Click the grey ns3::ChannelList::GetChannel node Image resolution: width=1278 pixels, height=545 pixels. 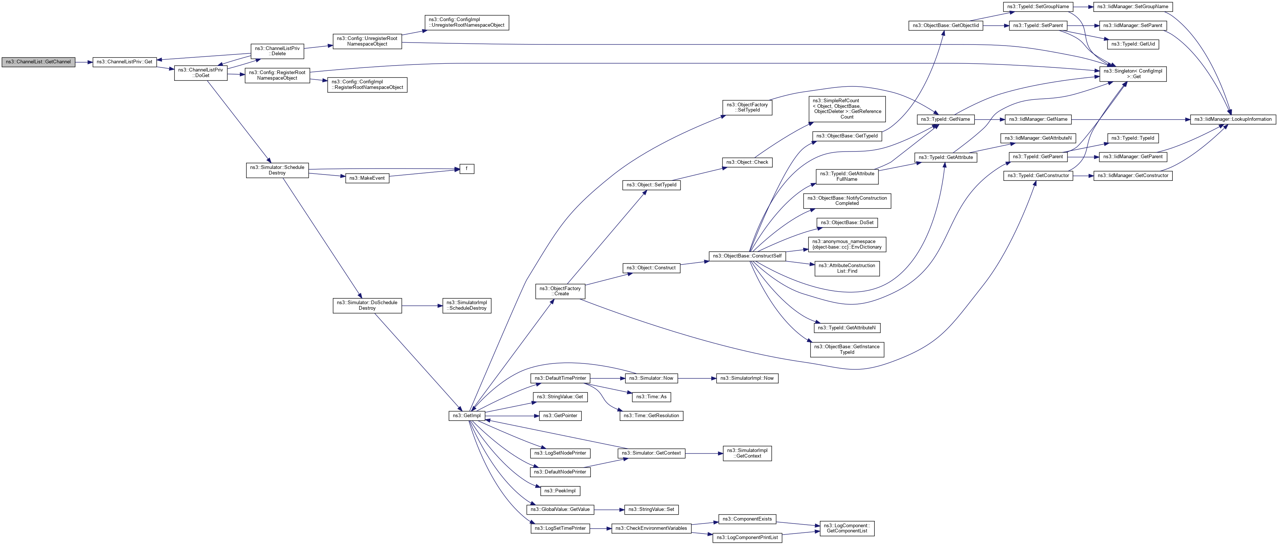(x=38, y=62)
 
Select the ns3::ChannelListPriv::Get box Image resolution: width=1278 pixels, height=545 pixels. (x=125, y=62)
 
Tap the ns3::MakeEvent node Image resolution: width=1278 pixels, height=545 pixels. (x=367, y=178)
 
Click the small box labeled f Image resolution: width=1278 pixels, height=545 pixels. (x=466, y=169)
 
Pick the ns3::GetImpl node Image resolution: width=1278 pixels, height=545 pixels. (x=466, y=416)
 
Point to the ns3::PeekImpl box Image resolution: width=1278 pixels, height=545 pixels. (x=560, y=491)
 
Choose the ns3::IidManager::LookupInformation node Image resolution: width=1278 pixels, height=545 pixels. (x=1233, y=120)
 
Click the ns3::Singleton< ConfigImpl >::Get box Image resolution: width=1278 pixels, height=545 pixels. (x=1133, y=74)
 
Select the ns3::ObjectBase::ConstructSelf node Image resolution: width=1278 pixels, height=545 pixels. (x=747, y=256)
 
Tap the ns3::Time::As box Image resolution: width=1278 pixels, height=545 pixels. (x=651, y=397)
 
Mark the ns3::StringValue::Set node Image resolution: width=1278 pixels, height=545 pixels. (x=651, y=509)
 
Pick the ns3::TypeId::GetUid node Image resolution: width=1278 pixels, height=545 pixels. (x=1133, y=44)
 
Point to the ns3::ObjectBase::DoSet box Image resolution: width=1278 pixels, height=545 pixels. (x=847, y=223)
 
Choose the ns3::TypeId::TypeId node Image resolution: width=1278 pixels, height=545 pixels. (x=1133, y=138)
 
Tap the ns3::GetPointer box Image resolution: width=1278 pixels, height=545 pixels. (x=560, y=416)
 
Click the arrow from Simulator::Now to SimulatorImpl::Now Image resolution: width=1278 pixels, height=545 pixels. (x=697, y=378)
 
